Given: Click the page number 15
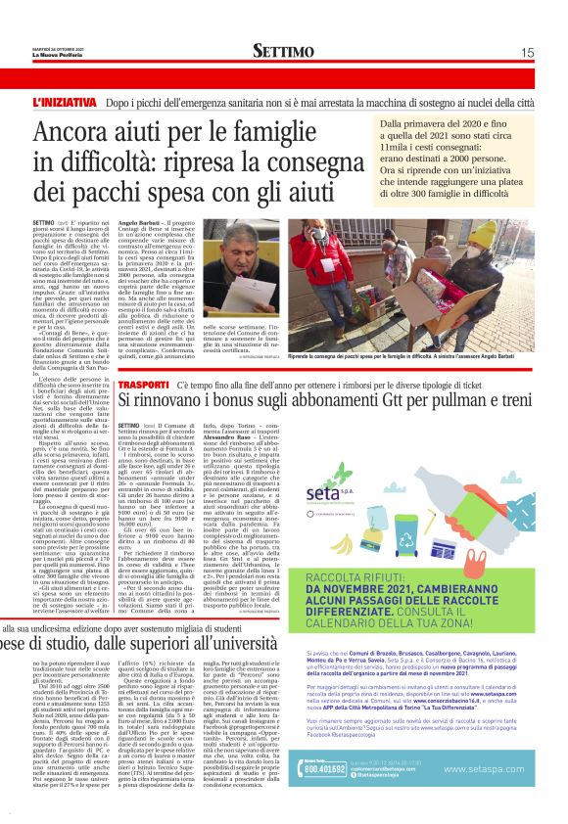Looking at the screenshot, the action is [527, 52].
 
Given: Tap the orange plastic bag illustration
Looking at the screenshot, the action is [421, 498].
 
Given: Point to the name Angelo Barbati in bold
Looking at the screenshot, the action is [140, 224].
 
